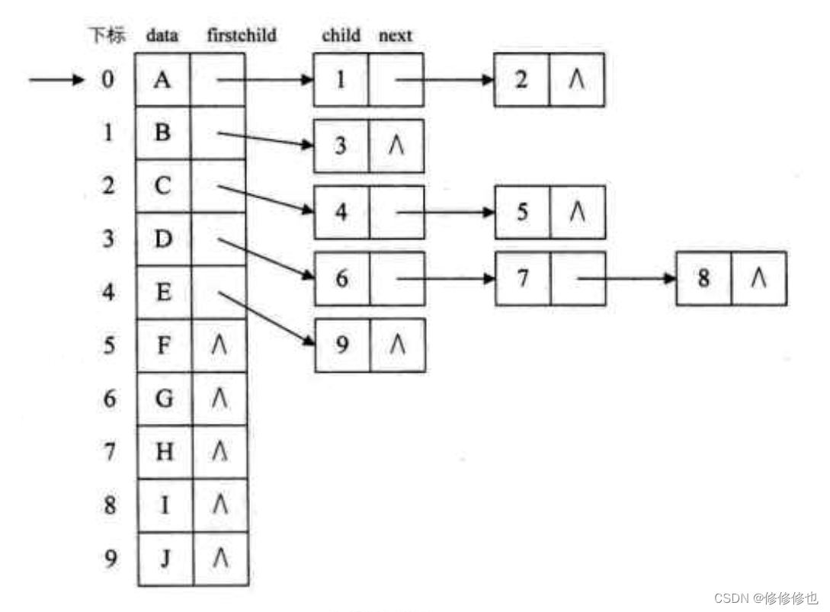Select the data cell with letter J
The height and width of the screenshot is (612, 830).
[x=165, y=559]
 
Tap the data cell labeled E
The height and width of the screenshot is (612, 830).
[x=165, y=293]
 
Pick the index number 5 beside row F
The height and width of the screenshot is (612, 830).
[x=111, y=346]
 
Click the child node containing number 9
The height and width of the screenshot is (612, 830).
[x=342, y=345]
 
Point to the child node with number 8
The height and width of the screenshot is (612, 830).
[x=703, y=278]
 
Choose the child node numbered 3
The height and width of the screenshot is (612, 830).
[x=341, y=145]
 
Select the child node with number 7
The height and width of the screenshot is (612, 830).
[x=522, y=278]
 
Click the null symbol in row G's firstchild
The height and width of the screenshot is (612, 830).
[x=220, y=399]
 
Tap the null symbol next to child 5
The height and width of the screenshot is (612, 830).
[x=577, y=212]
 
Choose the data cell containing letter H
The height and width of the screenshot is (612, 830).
[x=165, y=452]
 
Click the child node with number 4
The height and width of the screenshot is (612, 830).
[x=341, y=212]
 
